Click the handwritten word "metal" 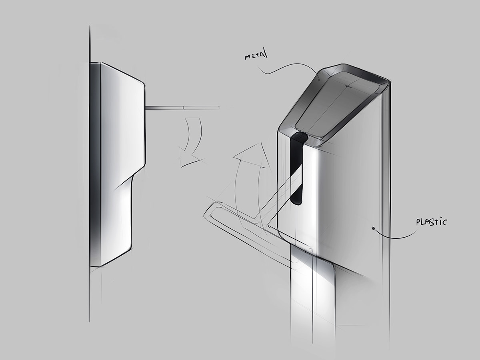tap(256, 56)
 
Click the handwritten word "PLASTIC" tap(431, 222)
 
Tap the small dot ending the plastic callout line tap(373, 228)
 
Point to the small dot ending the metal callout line tap(319, 80)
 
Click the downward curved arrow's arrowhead tap(188, 157)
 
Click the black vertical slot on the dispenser tap(297, 168)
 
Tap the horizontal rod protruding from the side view tap(182, 108)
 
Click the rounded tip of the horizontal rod tap(218, 108)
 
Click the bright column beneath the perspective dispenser tap(313, 302)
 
